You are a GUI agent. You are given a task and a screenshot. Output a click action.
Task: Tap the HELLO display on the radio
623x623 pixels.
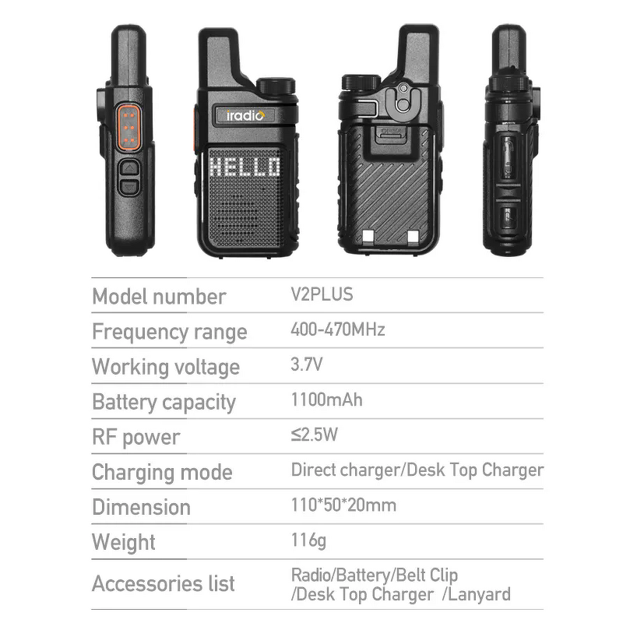point(245,167)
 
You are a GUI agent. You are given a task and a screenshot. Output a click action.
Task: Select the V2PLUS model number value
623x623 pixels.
point(322,294)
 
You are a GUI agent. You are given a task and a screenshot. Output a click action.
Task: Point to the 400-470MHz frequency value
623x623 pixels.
point(338,329)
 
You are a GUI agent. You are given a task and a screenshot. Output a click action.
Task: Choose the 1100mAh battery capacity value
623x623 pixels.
point(327,399)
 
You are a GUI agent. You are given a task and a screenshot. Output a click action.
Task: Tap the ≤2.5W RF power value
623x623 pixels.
point(315,435)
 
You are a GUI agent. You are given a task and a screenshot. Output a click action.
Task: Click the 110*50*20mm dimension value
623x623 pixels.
point(343,505)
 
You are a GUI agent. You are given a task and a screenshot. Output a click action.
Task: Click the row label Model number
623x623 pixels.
point(159,297)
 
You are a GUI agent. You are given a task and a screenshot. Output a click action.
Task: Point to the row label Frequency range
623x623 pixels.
point(169,332)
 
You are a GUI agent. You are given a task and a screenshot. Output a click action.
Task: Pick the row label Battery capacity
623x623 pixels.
point(164,402)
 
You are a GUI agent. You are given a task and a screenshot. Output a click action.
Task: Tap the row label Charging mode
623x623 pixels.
point(162,472)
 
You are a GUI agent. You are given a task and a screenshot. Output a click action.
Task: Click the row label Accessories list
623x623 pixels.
point(164,583)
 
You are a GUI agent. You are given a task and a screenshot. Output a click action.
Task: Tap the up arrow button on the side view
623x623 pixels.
point(128,167)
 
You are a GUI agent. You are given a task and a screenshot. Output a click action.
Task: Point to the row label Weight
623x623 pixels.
point(124,542)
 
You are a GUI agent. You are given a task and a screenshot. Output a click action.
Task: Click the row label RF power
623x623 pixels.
point(136,437)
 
